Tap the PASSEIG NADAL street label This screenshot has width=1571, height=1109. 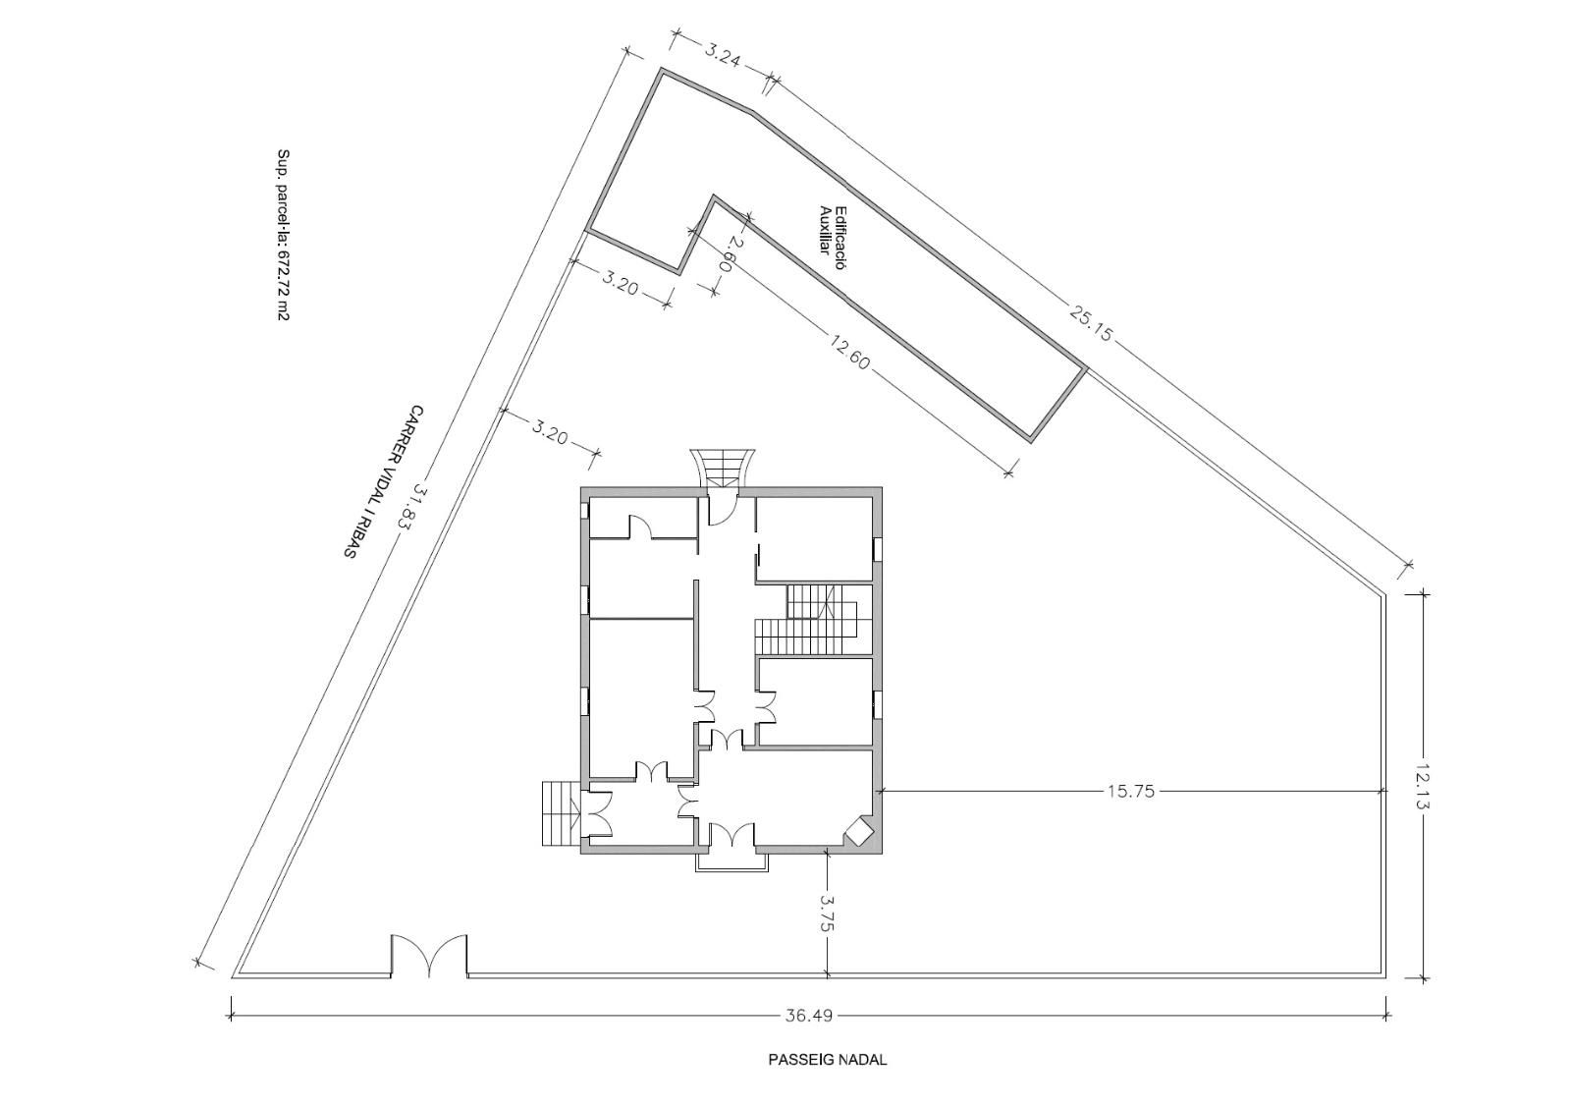pyautogui.click(x=828, y=1060)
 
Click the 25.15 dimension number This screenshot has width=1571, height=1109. pyautogui.click(x=1091, y=320)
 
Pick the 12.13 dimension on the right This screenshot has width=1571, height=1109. pyautogui.click(x=1423, y=786)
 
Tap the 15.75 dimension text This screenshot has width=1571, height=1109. pyautogui.click(x=1130, y=792)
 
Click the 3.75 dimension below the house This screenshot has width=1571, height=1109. pyautogui.click(x=829, y=913)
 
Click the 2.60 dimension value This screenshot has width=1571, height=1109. pyautogui.click(x=728, y=253)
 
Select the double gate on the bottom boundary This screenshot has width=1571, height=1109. pyautogui.click(x=428, y=956)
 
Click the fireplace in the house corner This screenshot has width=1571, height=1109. pyautogui.click(x=858, y=832)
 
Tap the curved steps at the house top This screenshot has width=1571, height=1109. pyautogui.click(x=723, y=468)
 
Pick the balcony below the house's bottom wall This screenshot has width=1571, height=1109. pyautogui.click(x=731, y=862)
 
